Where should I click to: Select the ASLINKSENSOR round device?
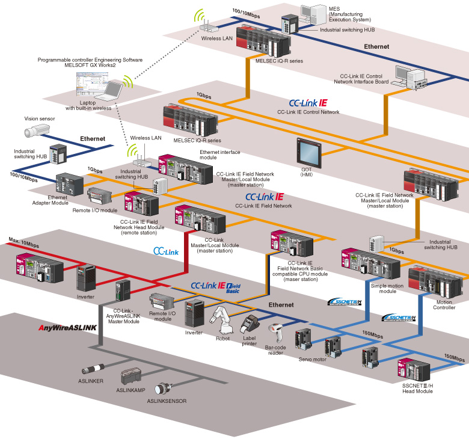tap(165, 387)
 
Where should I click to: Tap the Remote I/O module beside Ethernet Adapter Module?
tap(100, 197)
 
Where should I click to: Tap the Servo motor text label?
tap(312, 359)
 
